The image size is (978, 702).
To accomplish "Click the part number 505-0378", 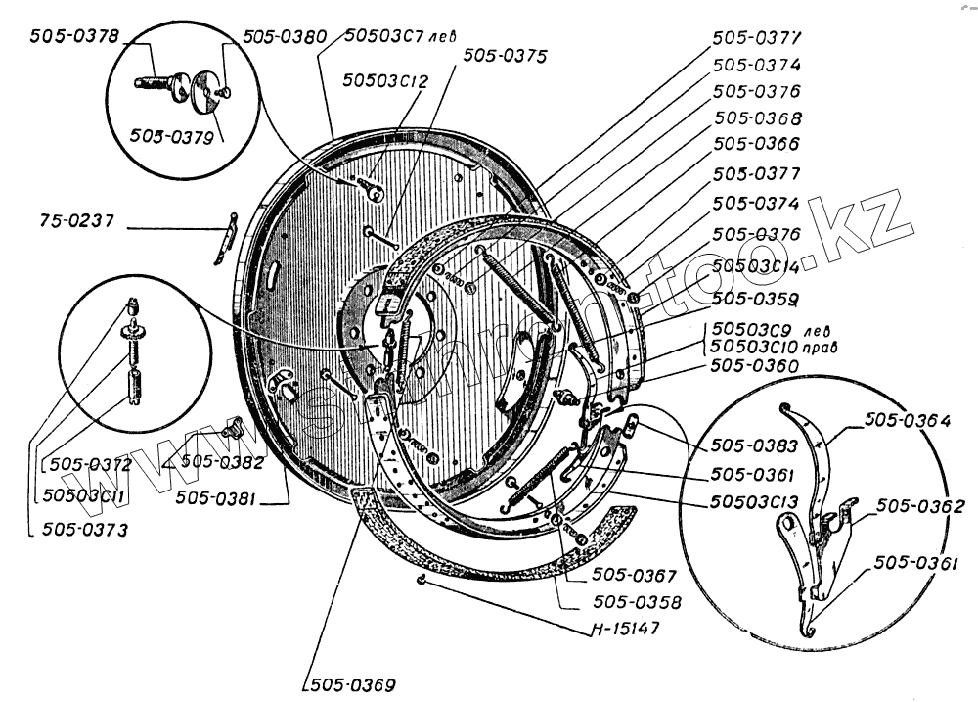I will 73,37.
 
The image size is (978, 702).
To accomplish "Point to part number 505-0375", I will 506,56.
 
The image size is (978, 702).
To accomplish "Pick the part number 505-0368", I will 757,118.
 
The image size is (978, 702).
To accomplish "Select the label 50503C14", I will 757,266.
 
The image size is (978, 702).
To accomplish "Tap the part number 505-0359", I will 757,298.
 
